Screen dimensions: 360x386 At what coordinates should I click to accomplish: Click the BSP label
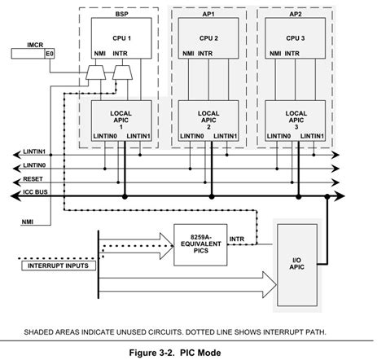(121, 15)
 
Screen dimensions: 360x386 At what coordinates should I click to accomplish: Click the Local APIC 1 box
(120, 115)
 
